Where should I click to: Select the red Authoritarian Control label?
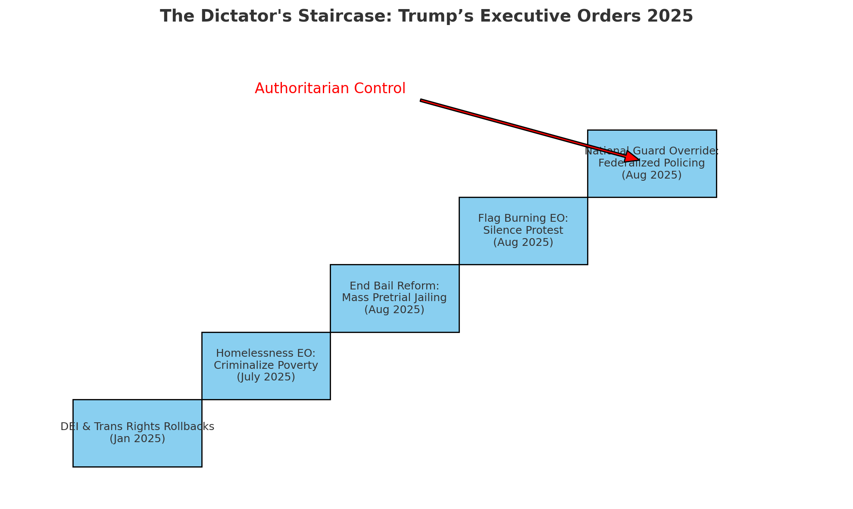[x=330, y=88]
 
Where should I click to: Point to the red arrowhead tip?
[x=638, y=160]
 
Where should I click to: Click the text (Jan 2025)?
[x=137, y=439]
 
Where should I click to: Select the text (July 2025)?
[x=266, y=377]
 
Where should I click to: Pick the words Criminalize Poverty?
[x=266, y=365]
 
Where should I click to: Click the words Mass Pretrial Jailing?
[x=394, y=298]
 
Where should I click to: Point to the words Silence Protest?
[x=523, y=230]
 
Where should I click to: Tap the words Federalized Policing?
[x=651, y=163]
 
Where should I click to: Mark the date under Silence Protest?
[x=523, y=242]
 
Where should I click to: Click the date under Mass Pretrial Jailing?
[x=394, y=310]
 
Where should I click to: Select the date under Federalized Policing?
[x=651, y=175]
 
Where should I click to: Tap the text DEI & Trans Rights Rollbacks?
[x=137, y=427]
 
